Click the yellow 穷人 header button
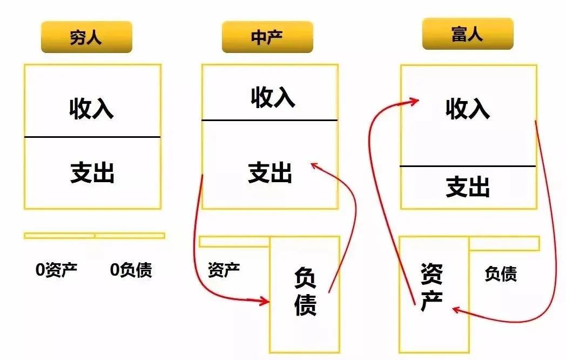tap(86, 37)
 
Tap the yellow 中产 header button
tap(267, 37)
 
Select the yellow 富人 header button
tap(468, 34)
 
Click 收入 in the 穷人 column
tap(92, 108)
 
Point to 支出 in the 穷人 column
tap(92, 172)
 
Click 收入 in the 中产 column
tap(273, 97)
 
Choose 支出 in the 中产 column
tap(270, 172)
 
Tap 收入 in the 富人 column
tap(468, 108)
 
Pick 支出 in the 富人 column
tap(468, 186)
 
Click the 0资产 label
tap(57, 270)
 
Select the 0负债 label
tap(131, 270)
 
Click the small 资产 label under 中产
tap(224, 270)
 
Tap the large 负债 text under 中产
tap(305, 291)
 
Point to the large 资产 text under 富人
tap(432, 288)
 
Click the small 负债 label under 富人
tap(501, 274)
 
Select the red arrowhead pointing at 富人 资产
tap(455, 309)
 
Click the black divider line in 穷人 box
tap(92, 137)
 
